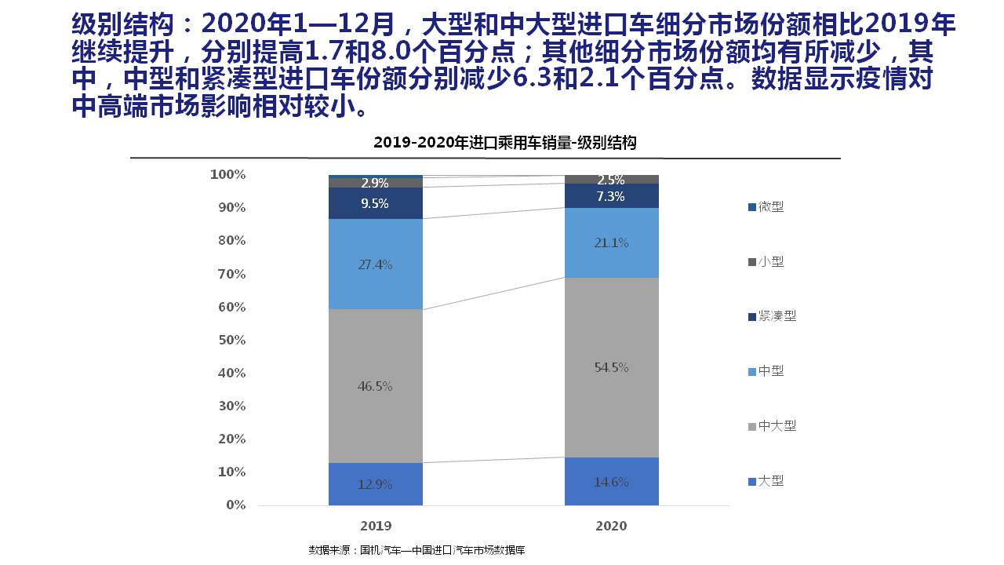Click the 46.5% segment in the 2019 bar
tap(375, 386)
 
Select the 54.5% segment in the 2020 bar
tap(611, 367)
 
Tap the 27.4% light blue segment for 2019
tap(375, 264)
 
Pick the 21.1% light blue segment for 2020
tap(611, 242)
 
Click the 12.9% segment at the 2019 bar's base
tap(375, 484)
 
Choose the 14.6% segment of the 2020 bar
tap(611, 482)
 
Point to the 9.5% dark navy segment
tap(375, 202)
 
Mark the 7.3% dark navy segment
tap(611, 196)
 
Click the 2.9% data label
tap(375, 183)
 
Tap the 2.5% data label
tap(611, 180)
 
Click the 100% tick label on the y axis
tap(228, 174)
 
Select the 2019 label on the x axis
tap(376, 526)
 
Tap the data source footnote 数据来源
tap(417, 550)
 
